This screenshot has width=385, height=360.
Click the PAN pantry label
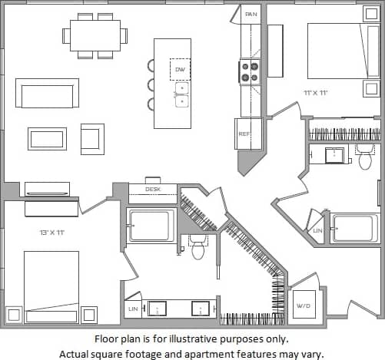click(x=251, y=15)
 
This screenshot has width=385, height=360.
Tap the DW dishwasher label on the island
click(x=181, y=70)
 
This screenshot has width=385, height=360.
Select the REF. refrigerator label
click(x=244, y=134)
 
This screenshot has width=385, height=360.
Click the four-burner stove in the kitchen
click(x=251, y=72)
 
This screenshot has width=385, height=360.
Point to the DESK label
click(x=152, y=189)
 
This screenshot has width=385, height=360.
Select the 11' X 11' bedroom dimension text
click(x=316, y=93)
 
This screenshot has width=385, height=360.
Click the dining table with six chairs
click(x=95, y=35)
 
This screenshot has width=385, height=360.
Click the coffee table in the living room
click(x=48, y=138)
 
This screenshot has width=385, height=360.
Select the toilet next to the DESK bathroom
click(x=198, y=246)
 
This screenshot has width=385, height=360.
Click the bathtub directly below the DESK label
click(x=151, y=226)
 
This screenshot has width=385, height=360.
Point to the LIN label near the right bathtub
click(x=318, y=230)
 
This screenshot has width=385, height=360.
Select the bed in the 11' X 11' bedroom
click(x=342, y=51)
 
